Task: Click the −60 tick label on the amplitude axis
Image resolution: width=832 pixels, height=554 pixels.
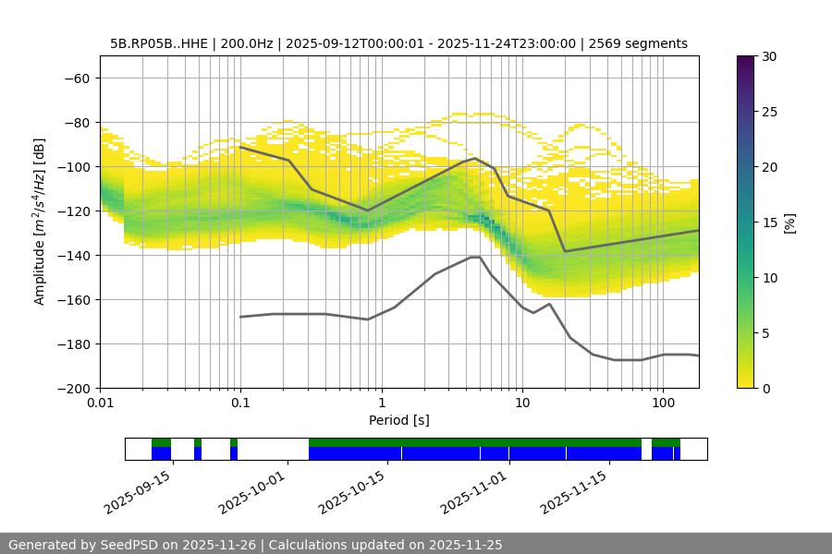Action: [77, 78]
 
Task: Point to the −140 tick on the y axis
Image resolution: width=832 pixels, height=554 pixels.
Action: [77, 255]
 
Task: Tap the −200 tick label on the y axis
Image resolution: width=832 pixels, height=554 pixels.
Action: [73, 388]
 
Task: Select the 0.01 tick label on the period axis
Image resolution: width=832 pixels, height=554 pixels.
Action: [100, 403]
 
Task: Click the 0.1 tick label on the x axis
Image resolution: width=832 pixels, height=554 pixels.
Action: [240, 403]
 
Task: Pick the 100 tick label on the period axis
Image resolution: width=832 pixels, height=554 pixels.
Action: [662, 403]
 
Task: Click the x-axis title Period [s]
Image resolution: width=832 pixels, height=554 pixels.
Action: [399, 420]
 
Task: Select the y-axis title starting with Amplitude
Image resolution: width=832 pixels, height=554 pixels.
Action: [40, 222]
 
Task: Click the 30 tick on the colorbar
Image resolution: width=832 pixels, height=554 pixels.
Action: [769, 56]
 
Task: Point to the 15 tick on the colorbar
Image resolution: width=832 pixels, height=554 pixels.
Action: [769, 223]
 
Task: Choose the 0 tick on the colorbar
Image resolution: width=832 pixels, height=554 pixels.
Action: [765, 388]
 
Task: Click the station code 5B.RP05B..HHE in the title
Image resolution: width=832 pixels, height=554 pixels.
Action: [162, 43]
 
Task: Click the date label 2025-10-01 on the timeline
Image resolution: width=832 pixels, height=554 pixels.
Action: [253, 492]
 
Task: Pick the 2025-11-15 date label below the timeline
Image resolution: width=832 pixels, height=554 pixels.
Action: [573, 492]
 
